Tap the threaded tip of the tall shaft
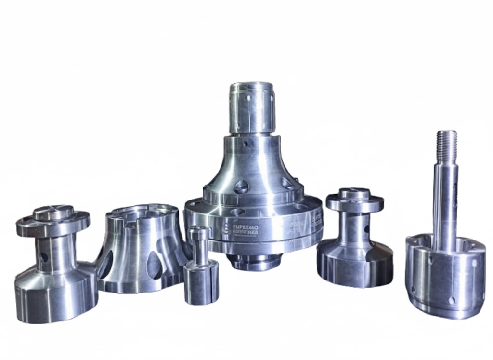point(447,142)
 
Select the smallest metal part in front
point(200,267)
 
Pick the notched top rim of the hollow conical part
point(140,212)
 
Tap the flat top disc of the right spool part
point(355,199)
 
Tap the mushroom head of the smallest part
point(199,233)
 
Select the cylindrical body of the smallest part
point(201,284)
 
